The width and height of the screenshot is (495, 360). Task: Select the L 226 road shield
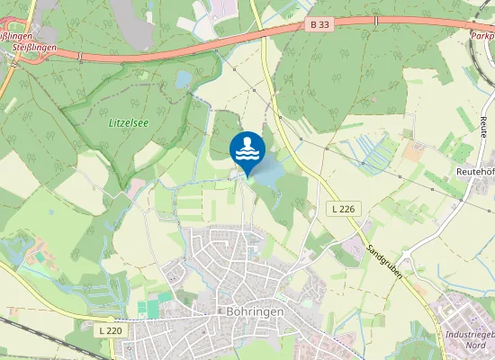coord(341,209)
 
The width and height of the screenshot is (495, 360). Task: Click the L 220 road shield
coord(110,330)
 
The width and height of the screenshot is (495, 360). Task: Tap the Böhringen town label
coord(251,311)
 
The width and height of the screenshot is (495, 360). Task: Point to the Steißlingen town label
coord(17,45)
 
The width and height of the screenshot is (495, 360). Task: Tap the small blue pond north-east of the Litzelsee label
coord(184,81)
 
